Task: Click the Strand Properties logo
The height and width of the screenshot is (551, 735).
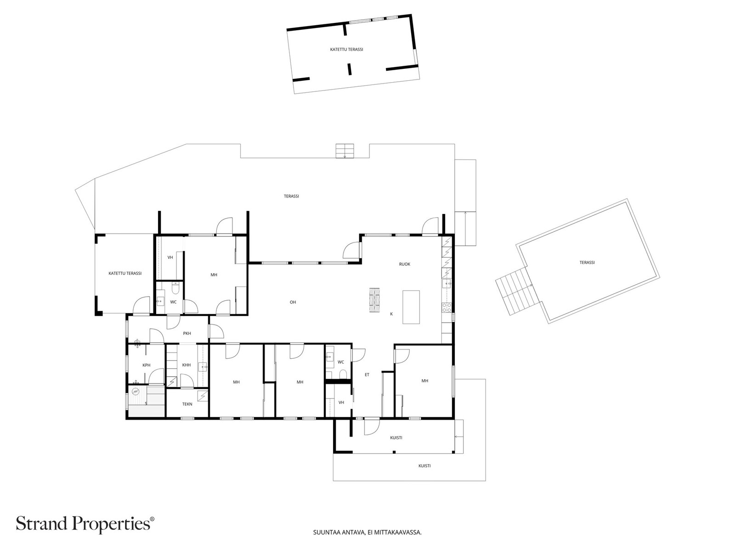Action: point(85,523)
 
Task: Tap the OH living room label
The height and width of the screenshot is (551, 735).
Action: point(293,302)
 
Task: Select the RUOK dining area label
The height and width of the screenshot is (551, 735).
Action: point(404,264)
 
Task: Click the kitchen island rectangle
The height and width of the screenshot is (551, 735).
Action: point(411,307)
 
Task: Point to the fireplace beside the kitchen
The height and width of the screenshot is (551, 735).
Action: point(375,300)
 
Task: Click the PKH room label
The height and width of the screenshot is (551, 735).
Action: point(187,333)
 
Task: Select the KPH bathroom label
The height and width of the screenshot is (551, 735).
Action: point(147,365)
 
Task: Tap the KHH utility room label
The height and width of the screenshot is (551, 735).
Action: point(186,365)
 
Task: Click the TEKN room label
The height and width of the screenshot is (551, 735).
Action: point(187,404)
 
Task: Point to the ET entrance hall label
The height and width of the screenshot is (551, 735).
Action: point(367,375)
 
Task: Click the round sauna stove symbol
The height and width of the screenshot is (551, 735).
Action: point(135,392)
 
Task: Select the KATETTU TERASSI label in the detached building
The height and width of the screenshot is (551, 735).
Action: point(346,49)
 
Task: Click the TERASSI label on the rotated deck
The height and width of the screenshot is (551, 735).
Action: point(587,263)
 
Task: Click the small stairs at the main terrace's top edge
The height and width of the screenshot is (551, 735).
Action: point(345,151)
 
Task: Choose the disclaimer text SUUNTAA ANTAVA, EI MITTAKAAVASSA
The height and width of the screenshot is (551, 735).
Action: point(367,533)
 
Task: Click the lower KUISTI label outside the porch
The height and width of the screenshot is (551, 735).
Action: point(424,466)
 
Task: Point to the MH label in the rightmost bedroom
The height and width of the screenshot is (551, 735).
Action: point(425,381)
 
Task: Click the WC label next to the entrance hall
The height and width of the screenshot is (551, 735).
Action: point(341,362)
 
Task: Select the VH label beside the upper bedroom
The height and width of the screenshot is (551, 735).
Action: point(170,258)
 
